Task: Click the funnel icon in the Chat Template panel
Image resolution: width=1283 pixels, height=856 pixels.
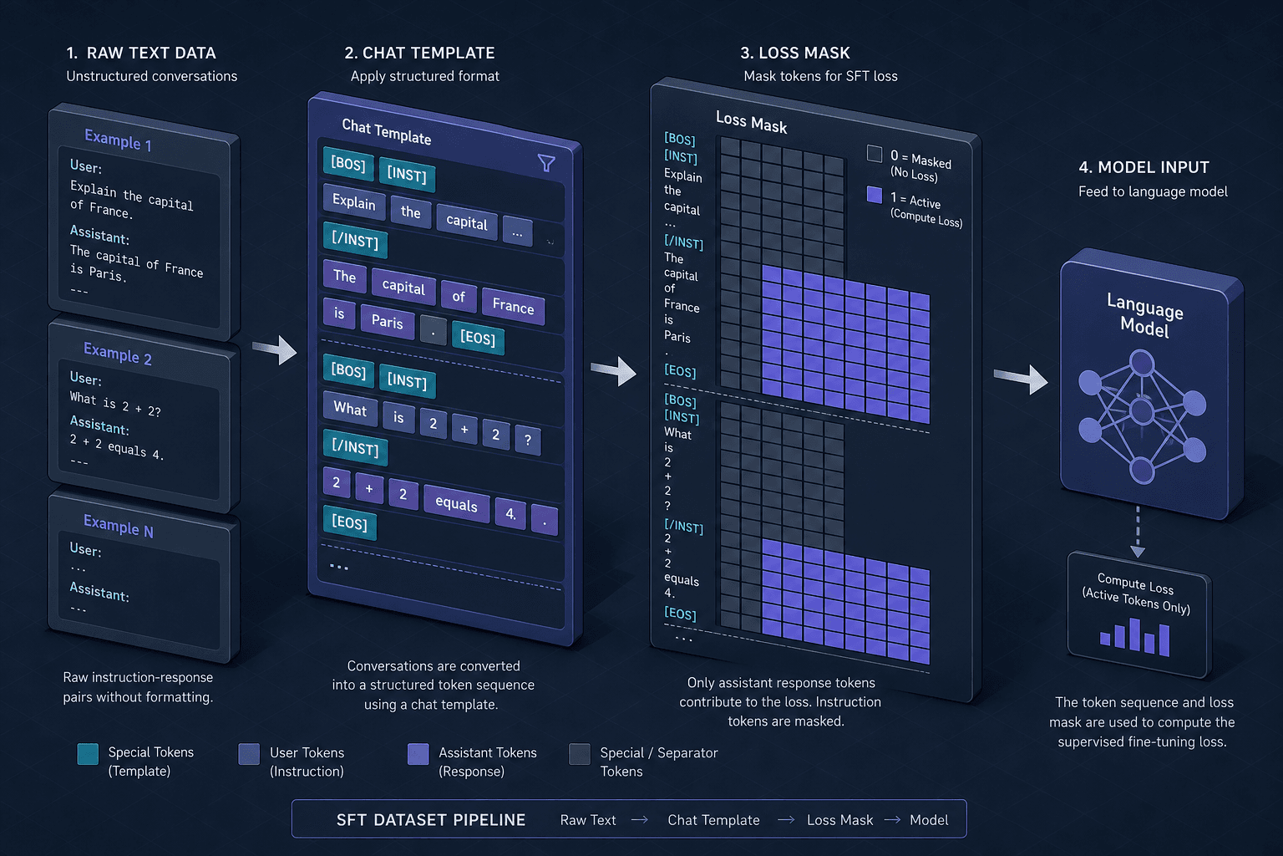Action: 546,163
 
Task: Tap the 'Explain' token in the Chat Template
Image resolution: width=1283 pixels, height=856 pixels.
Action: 354,201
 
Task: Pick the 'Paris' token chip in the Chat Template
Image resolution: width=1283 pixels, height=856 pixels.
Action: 388,321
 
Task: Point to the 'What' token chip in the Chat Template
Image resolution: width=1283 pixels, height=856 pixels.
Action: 350,409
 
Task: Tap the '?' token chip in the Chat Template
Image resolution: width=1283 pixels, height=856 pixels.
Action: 528,440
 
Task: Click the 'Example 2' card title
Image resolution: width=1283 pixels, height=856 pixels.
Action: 118,353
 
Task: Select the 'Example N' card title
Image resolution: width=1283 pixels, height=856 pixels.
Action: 118,526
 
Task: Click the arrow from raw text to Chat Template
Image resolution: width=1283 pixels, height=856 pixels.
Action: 275,349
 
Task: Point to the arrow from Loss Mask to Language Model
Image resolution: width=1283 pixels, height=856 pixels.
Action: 1021,379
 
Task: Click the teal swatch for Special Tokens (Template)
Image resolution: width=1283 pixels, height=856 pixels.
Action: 88,753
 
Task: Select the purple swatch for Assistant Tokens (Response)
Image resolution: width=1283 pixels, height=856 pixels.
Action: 418,753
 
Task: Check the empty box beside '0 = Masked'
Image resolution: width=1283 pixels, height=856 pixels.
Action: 874,154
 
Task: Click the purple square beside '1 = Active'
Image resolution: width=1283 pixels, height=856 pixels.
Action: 874,195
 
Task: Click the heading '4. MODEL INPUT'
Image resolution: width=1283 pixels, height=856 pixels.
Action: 1144,167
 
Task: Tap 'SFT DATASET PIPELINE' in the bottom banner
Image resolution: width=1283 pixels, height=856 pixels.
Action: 431,820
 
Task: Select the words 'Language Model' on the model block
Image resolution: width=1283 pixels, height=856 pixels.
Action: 1144,315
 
